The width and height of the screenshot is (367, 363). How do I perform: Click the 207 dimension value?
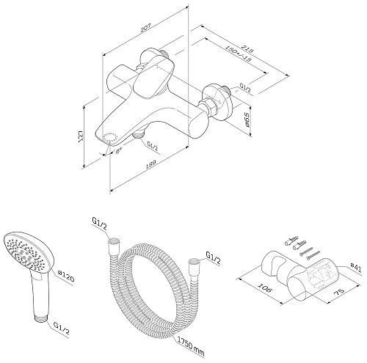click(x=146, y=28)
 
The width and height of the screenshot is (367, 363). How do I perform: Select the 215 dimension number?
click(x=247, y=48)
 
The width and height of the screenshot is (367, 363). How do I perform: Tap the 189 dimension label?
click(x=151, y=165)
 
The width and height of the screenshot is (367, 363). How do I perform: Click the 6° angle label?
click(x=119, y=151)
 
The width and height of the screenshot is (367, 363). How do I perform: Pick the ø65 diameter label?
click(x=247, y=120)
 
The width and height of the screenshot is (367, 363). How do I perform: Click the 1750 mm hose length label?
click(x=191, y=345)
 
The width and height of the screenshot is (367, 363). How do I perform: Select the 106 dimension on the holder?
click(x=264, y=287)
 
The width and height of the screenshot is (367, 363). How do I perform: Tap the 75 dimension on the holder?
click(x=339, y=292)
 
